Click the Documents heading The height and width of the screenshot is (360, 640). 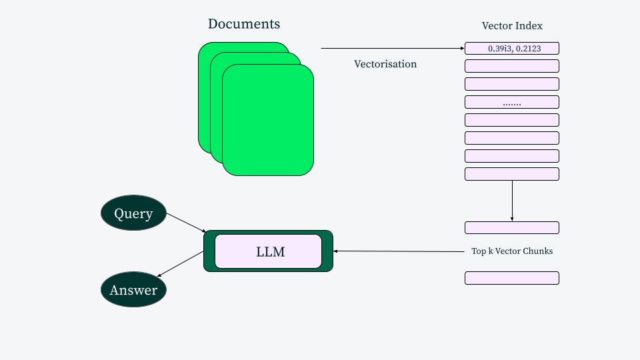click(x=243, y=24)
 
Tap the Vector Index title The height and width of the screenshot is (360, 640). click(x=512, y=26)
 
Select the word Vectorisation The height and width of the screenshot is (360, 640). click(x=385, y=64)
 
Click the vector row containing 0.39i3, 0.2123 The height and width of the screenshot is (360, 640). click(x=511, y=49)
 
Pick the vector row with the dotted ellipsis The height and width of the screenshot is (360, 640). click(x=511, y=103)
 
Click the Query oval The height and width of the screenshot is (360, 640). click(x=133, y=213)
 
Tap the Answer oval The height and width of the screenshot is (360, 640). click(x=133, y=290)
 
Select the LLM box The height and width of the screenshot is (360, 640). click(x=268, y=251)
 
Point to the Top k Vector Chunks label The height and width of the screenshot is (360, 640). click(x=512, y=251)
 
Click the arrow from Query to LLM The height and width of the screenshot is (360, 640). click(x=186, y=223)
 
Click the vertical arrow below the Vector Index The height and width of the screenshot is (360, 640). click(x=512, y=200)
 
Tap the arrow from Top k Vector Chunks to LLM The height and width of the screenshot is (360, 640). click(x=400, y=251)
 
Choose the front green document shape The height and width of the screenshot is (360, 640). click(x=268, y=120)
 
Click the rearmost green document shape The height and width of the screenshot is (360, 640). click(x=204, y=93)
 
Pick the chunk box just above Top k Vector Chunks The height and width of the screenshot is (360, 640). click(x=511, y=227)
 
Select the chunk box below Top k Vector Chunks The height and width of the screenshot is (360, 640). click(x=511, y=278)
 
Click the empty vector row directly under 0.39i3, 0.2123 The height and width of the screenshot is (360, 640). click(x=511, y=66)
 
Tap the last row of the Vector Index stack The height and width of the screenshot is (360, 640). click(x=511, y=174)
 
